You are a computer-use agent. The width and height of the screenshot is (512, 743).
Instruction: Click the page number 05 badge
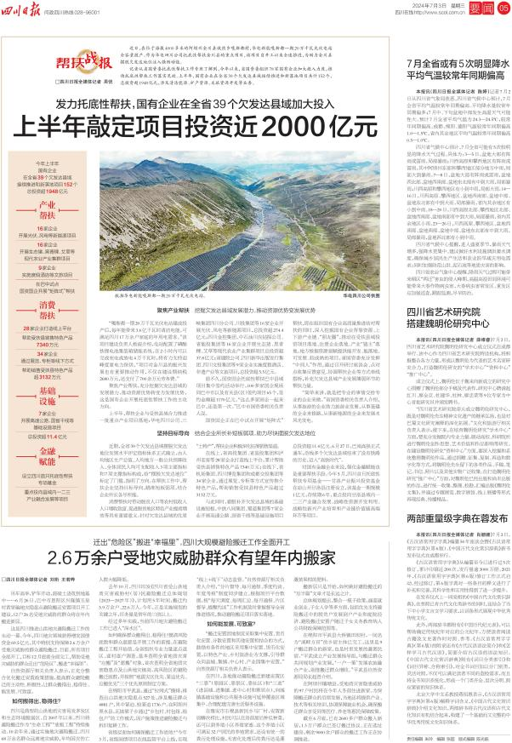[503, 9]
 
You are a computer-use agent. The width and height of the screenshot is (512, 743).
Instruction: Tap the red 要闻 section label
[481, 9]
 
